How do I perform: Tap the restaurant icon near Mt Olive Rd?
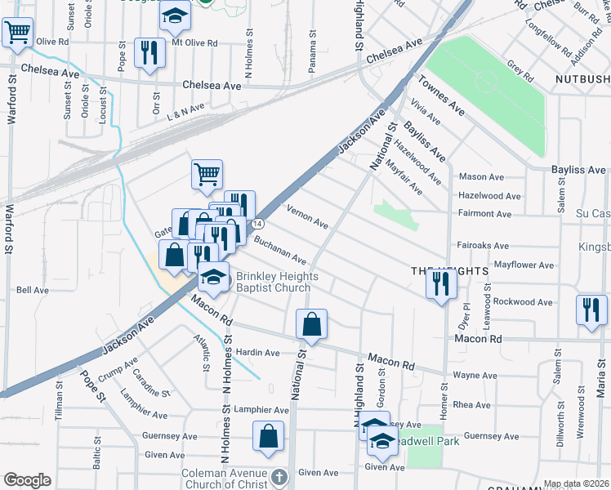149,53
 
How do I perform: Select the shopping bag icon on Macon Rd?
311,325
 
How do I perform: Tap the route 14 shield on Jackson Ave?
257,223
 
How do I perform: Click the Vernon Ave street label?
307,217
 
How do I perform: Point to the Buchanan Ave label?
279,251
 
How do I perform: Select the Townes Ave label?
441,96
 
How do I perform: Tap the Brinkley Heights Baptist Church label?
273,282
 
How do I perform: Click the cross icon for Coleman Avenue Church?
279,475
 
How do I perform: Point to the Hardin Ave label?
257,353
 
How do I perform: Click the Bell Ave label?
33,290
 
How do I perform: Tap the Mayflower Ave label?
524,265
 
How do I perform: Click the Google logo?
27,479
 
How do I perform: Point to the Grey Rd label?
520,70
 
